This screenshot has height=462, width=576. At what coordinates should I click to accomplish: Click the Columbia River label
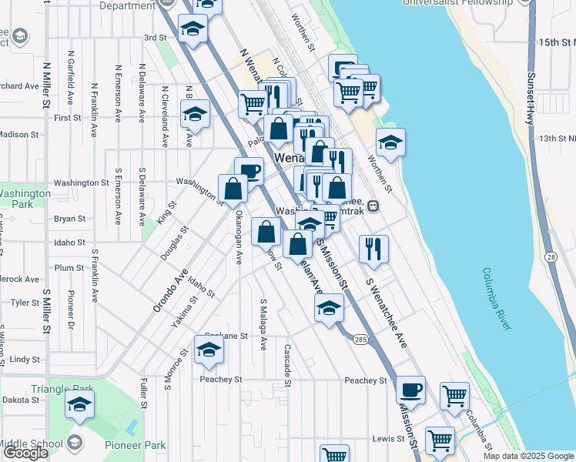coord(497,300)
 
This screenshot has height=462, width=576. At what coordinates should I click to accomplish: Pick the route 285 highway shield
coord(360,339)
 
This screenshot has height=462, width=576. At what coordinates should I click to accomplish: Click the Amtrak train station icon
coord(373,206)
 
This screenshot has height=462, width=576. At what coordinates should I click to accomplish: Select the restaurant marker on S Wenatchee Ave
coord(373,247)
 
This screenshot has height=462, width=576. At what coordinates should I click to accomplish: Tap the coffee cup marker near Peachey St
coord(410,389)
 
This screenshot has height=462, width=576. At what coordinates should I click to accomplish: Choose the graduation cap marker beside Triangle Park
coord(79,403)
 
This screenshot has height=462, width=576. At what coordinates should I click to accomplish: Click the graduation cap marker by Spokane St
coord(208,350)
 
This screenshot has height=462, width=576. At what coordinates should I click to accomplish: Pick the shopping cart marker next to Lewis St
coord(439,440)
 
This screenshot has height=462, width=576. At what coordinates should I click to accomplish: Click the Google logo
coord(25,454)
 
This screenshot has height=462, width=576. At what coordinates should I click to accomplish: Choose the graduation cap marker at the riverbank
coord(390,142)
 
